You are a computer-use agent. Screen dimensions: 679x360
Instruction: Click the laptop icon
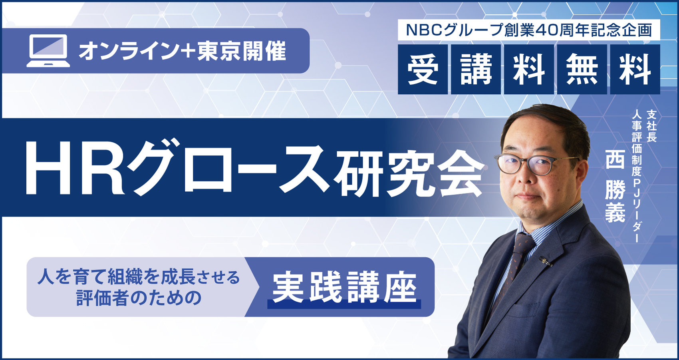[48, 51]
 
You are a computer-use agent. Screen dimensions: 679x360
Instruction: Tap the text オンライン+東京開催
[182, 51]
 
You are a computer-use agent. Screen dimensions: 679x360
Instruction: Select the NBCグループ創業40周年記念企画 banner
[529, 30]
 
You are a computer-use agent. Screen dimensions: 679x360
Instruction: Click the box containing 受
[423, 70]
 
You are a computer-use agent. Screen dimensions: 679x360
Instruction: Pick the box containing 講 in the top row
[476, 70]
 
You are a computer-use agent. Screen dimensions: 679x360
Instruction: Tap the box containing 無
[582, 70]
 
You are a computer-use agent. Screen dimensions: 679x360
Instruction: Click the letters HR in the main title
[75, 171]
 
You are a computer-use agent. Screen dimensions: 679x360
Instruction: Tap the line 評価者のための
[139, 298]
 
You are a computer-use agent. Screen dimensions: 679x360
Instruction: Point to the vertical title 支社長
[651, 126]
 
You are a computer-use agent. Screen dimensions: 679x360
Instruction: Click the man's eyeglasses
[536, 164]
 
